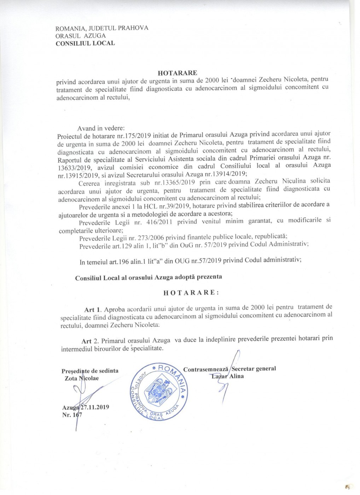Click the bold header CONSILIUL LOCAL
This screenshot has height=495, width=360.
85,43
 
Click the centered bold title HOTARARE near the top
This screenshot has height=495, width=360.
177,73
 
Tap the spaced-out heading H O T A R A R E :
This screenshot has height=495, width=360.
191,293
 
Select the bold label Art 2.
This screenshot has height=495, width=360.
91,341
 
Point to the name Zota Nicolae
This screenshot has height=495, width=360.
82,378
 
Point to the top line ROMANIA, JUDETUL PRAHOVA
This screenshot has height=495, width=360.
102,28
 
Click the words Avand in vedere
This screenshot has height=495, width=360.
101,128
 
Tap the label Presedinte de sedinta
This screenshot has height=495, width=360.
90,371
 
